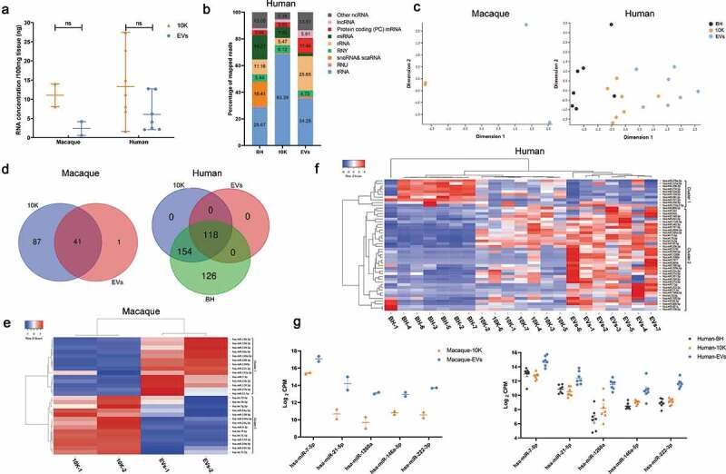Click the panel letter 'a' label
click(6, 8)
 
